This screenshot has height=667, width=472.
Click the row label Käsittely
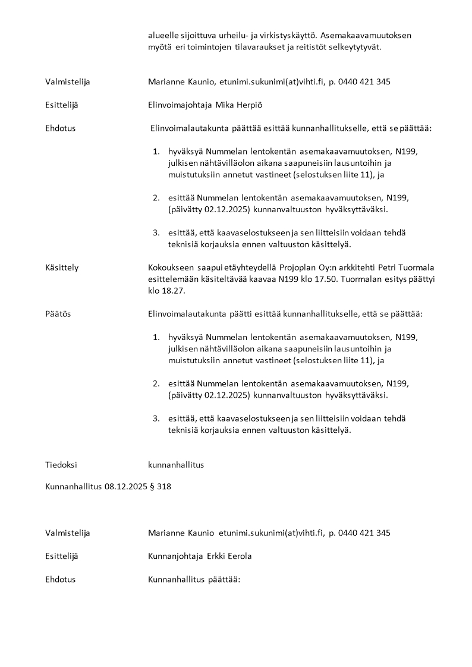62,268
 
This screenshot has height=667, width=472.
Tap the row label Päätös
58,314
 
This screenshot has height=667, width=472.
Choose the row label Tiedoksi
61,465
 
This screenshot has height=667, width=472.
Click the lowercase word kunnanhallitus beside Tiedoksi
176,465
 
